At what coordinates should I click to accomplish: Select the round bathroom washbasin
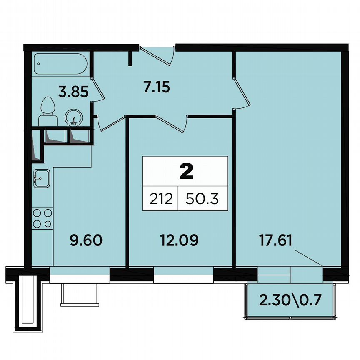pos(75,117)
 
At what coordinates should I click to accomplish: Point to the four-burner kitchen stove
pos(42,218)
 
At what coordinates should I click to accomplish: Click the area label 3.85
pos(73,92)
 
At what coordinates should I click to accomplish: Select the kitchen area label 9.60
pos(86,240)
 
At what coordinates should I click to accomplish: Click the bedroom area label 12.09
pos(179,240)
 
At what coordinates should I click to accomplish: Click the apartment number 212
pos(160,198)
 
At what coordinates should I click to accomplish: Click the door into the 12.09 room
pos(171,123)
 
